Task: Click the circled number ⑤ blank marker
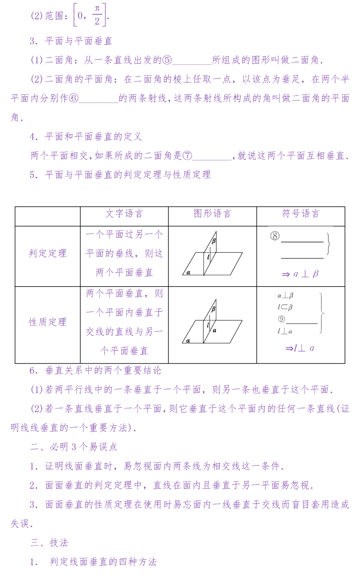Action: pos(167,60)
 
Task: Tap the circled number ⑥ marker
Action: pos(74,98)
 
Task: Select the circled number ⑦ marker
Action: pos(188,155)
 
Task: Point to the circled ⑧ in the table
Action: pos(275,236)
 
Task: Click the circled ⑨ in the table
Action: pos(282,319)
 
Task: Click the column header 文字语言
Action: pos(124,213)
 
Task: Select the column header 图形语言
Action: pos(212,213)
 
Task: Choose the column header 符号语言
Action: pos(301,213)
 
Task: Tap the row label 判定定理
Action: pos(48,253)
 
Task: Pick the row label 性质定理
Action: pos(48,322)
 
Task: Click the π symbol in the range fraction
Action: pos(97,9)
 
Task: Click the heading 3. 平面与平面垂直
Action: pos(71,41)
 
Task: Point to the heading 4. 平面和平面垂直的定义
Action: pos(86,136)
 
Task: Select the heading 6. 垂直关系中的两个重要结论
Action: pos(95,371)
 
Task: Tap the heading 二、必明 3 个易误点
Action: pos(74,447)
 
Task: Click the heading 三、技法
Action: pos(49,543)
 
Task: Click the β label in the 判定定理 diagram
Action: pos(214,241)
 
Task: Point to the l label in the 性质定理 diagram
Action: pos(208,325)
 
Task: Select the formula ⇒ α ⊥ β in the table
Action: pos(300,274)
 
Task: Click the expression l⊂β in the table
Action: pos(285,307)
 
